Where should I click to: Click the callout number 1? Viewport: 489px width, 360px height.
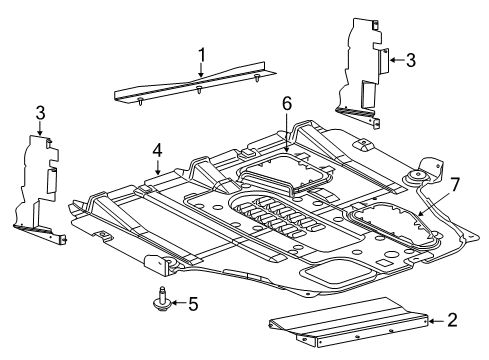201,53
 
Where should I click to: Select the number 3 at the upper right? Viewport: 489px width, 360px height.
410,59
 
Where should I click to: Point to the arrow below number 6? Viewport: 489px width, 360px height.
286,141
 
